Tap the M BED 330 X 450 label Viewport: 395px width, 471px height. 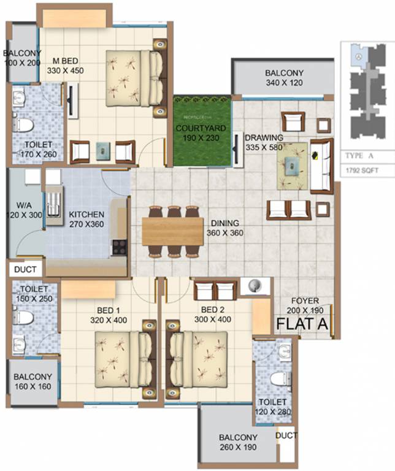coord(64,66)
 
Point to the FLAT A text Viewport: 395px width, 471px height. coord(303,323)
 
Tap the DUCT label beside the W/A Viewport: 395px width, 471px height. coord(25,269)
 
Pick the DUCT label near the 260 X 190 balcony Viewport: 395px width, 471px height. coord(286,436)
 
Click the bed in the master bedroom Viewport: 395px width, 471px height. coord(134,78)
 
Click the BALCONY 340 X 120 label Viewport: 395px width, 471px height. coord(284,78)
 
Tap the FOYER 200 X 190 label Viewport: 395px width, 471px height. coord(305,305)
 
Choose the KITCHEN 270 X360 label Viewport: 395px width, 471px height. coord(86,220)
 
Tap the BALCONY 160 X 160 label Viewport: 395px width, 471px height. coord(33,381)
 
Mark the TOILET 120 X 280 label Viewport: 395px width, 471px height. coord(272,407)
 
